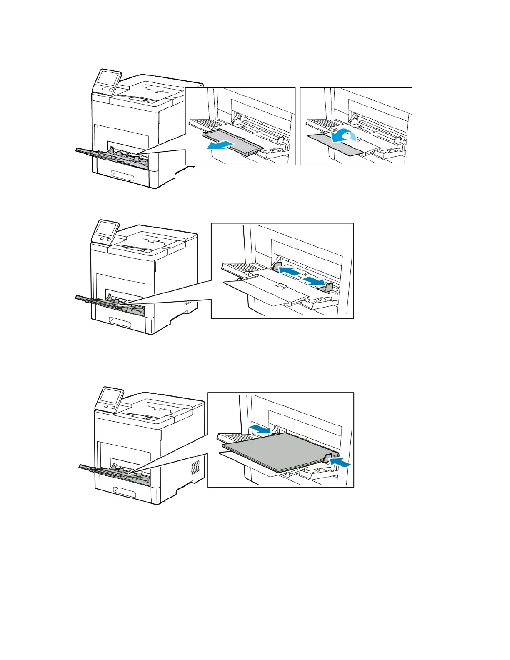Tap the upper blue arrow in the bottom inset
tap(259, 429)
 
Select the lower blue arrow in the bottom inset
tap(340, 462)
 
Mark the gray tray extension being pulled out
tap(233, 141)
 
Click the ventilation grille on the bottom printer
tap(195, 467)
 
